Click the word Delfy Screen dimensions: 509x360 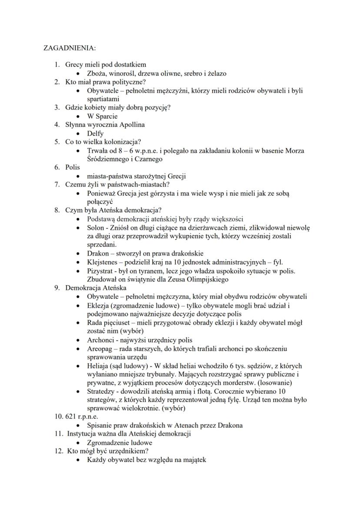pos(95,133)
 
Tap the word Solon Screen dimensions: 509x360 pos(96,228)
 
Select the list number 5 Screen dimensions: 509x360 pos(57,142)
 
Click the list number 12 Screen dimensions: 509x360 pos(58,451)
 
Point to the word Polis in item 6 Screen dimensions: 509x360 pos(73,167)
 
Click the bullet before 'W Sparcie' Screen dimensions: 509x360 pos(77,116)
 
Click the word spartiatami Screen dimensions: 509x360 pos(103,99)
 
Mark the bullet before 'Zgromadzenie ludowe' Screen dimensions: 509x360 pos(77,443)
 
